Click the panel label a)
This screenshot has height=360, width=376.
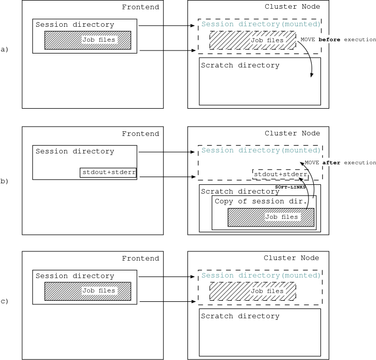coord(5,49)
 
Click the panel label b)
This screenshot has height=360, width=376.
coord(5,181)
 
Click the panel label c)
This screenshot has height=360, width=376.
coord(5,301)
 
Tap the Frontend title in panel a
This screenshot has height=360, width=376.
coord(140,7)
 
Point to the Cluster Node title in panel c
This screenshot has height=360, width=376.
coord(291,258)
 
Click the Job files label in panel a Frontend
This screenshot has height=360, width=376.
coord(99,40)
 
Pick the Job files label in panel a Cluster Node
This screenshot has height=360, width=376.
coord(267,40)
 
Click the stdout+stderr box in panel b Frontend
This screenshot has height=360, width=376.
coord(108,173)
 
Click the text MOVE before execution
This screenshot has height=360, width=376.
coord(338,40)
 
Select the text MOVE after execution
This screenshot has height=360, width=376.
coord(340,163)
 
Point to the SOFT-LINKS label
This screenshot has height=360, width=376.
coord(290,187)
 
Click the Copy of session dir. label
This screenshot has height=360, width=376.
coord(261,201)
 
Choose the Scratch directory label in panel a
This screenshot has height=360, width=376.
coord(240,65)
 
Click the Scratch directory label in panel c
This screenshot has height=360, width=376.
coord(240,316)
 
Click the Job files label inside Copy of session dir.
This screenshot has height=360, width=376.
coord(281,217)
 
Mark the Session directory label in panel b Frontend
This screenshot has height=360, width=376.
coord(75,151)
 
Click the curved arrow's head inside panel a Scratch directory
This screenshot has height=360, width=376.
coord(311,76)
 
